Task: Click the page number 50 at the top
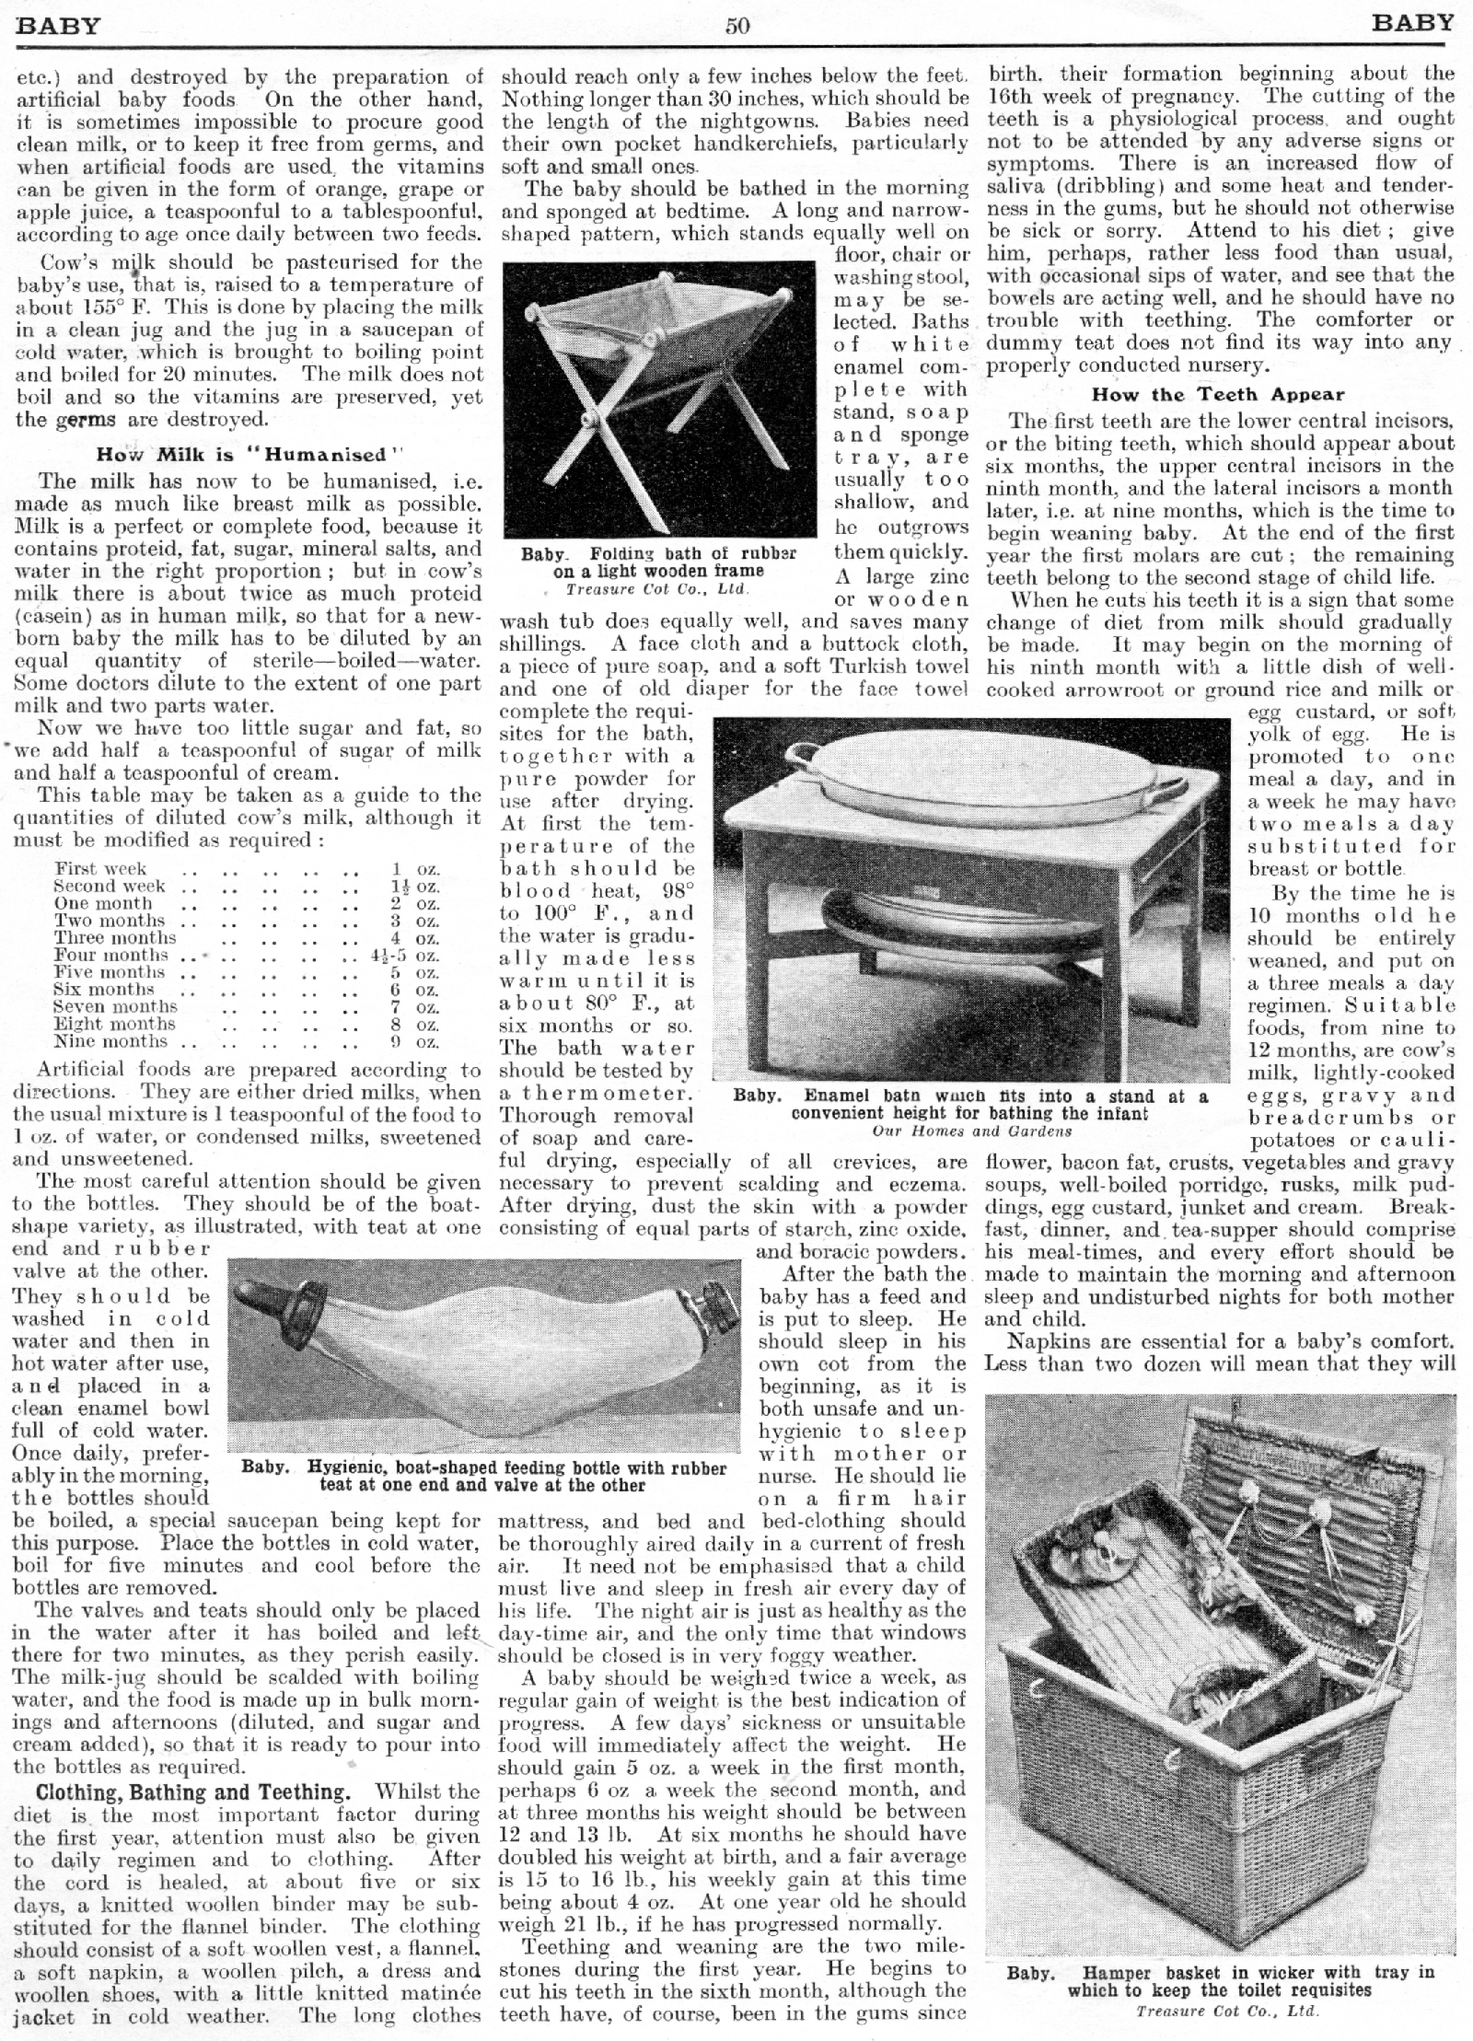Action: [737, 26]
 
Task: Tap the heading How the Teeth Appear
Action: [1218, 395]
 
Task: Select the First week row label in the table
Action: [100, 868]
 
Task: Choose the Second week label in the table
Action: [110, 886]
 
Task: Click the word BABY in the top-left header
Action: [58, 25]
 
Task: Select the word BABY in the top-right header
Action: [1412, 22]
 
